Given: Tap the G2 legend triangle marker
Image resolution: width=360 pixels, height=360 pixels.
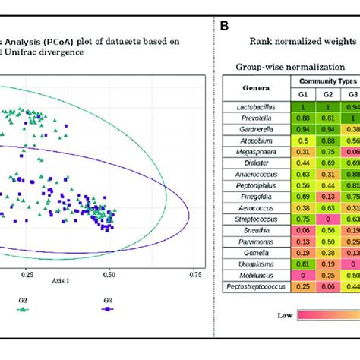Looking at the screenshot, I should (x=22, y=331).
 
